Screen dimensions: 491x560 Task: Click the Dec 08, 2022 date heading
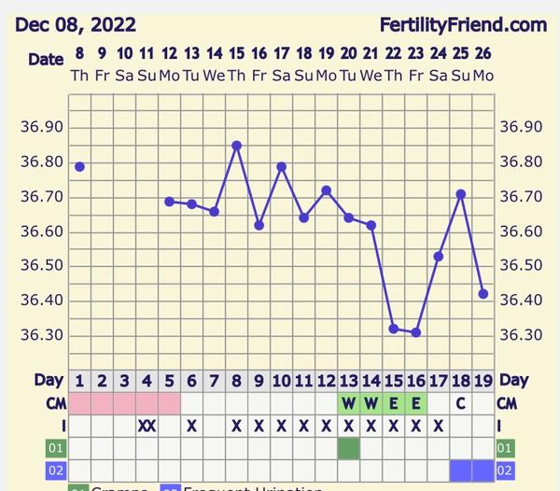(x=76, y=24)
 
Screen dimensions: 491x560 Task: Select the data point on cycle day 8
(x=237, y=145)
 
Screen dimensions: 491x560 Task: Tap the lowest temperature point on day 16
(x=415, y=332)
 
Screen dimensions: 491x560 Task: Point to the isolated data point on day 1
(x=79, y=166)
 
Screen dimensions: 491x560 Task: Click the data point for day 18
(x=460, y=193)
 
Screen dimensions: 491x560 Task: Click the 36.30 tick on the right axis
(x=520, y=335)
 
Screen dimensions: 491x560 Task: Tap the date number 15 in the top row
(x=236, y=53)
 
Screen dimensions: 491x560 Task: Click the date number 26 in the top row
(x=483, y=53)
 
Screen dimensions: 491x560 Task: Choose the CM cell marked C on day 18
(x=461, y=403)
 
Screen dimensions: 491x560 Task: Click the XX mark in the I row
(x=147, y=426)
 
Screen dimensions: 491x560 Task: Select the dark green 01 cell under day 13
(x=349, y=448)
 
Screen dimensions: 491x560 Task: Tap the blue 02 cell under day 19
(x=483, y=470)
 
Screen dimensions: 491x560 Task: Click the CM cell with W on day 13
(x=349, y=403)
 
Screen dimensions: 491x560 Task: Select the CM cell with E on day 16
(x=416, y=403)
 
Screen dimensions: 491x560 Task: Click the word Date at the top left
(x=46, y=59)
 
